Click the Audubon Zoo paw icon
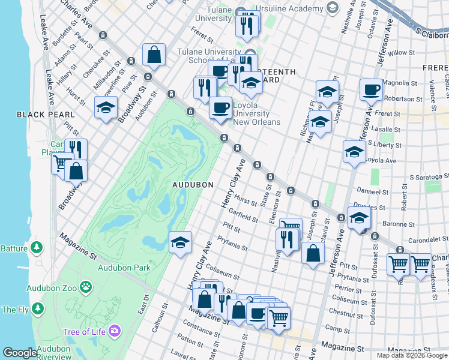pyautogui.click(x=86, y=287)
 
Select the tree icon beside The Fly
pyautogui.click(x=38, y=310)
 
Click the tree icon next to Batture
pyautogui.click(x=37, y=247)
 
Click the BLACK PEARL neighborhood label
pyautogui.click(x=46, y=114)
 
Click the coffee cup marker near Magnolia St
pyautogui.click(x=370, y=89)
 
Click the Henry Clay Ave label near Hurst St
pyautogui.click(x=234, y=184)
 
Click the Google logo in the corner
pyautogui.click(x=20, y=353)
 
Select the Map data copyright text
pyautogui.click(x=412, y=355)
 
